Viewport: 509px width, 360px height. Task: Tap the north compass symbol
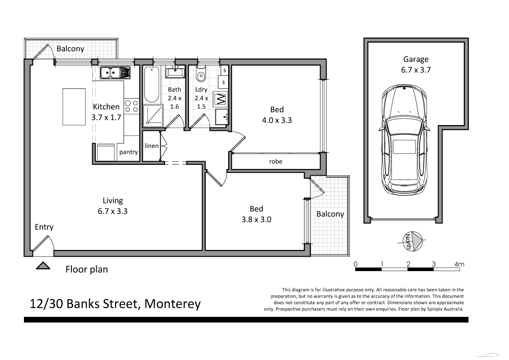point(412,241)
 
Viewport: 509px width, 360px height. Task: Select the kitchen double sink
point(115,72)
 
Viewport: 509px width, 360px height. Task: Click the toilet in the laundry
point(201,76)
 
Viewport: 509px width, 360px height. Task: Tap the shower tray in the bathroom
point(152,116)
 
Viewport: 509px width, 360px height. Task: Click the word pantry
point(128,152)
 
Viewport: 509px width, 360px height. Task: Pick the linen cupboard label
point(152,146)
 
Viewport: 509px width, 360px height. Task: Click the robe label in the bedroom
point(276,161)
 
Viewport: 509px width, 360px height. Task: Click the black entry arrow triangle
point(43,266)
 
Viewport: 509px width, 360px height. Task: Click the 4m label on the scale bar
point(459,264)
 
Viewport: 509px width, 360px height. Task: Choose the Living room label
point(113,200)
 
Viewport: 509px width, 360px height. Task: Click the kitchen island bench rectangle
point(74,106)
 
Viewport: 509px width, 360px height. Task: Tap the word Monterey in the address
point(172,303)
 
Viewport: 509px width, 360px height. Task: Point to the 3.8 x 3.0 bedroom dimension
point(256,220)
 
